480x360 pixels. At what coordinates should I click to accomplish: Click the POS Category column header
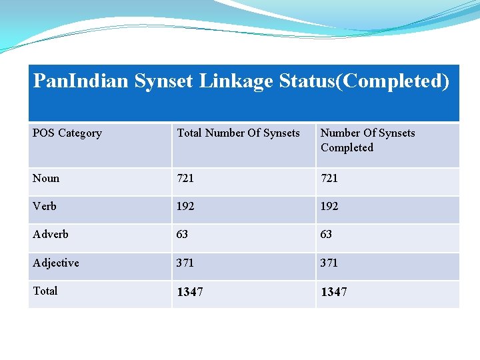(67, 133)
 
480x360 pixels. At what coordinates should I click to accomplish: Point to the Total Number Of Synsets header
(238, 133)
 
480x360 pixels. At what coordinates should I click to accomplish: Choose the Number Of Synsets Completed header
(367, 140)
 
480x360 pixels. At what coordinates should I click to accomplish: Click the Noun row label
(46, 178)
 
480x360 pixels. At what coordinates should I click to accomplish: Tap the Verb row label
(45, 206)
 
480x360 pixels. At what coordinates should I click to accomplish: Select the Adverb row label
(51, 234)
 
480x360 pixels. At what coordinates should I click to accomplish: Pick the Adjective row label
(56, 263)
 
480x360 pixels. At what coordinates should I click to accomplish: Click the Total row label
(45, 291)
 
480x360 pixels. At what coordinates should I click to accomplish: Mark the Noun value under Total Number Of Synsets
(185, 178)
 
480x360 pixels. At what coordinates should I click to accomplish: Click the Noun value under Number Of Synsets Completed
(329, 178)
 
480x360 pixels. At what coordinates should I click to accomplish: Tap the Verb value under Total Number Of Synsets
(185, 206)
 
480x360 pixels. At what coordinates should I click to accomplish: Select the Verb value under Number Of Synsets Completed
(329, 206)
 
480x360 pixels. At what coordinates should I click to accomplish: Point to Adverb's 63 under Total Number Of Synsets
(182, 234)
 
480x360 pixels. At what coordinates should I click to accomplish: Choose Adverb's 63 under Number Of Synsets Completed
(326, 234)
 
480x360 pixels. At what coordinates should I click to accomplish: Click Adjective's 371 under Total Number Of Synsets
(185, 263)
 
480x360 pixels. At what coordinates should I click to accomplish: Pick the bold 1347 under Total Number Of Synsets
(190, 292)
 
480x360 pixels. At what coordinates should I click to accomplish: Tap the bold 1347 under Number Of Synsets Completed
(334, 292)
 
